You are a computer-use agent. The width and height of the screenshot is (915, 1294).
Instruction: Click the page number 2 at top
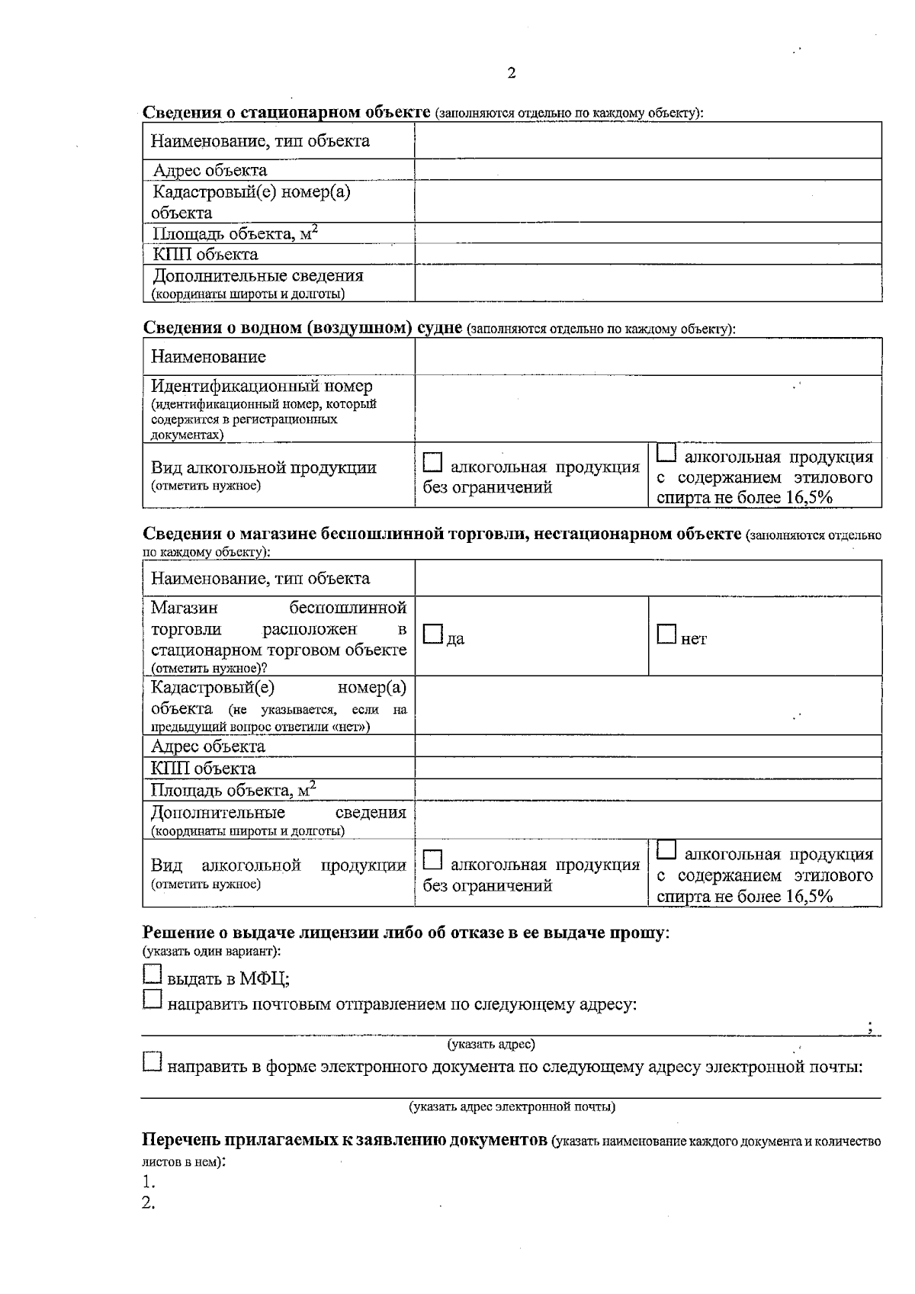pyautogui.click(x=511, y=73)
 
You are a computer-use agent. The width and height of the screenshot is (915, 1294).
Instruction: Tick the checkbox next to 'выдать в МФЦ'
pyautogui.click(x=152, y=973)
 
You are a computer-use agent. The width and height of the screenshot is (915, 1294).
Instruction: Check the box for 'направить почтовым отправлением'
pyautogui.click(x=152, y=999)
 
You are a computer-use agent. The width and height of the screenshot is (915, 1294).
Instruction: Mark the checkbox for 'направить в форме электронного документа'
pyautogui.click(x=152, y=1061)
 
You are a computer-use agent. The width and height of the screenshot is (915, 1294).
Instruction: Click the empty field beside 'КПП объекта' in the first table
pyautogui.click(x=648, y=254)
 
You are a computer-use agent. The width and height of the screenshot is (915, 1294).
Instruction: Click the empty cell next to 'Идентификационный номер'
pyautogui.click(x=648, y=409)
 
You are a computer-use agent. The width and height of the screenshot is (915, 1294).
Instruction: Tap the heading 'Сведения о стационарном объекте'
pyautogui.click(x=287, y=112)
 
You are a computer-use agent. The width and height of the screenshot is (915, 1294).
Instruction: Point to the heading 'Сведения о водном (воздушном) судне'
pyautogui.click(x=303, y=328)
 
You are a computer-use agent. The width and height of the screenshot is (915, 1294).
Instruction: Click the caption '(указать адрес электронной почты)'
pyautogui.click(x=512, y=1106)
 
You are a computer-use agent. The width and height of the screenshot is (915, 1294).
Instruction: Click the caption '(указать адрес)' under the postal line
pyautogui.click(x=491, y=1044)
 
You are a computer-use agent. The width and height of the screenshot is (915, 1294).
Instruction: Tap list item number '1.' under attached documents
pyautogui.click(x=149, y=1183)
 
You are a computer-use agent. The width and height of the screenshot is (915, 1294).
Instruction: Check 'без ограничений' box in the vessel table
pyautogui.click(x=433, y=462)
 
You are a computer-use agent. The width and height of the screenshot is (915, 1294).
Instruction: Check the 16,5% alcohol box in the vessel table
pyautogui.click(x=666, y=454)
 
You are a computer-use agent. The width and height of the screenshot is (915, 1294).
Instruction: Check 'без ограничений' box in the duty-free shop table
pyautogui.click(x=433, y=860)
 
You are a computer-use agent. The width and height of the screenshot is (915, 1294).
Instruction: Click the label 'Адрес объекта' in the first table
pyautogui.click(x=210, y=170)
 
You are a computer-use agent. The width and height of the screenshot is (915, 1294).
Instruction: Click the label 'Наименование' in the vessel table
pyautogui.click(x=208, y=357)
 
